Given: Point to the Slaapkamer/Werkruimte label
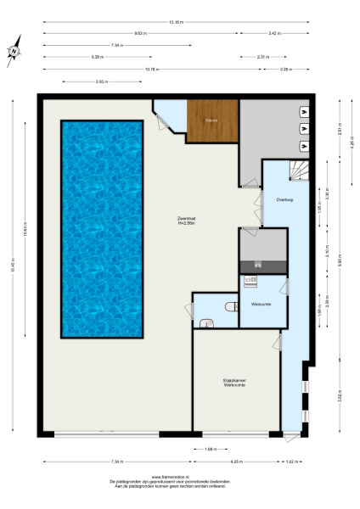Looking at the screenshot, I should [x=234, y=383].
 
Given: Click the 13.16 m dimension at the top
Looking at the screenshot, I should [x=176, y=21].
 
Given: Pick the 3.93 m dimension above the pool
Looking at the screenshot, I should [x=101, y=81].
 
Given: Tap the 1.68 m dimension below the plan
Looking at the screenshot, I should [x=210, y=449].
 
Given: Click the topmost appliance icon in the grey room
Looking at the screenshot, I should [x=304, y=110].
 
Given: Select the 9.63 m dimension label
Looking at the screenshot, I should [x=140, y=33].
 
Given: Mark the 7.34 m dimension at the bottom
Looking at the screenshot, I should [x=115, y=461].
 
